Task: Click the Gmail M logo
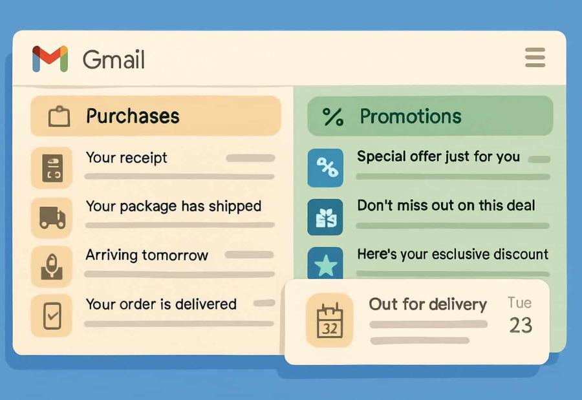(x=50, y=59)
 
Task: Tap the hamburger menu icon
(x=535, y=58)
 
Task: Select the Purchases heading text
(x=133, y=116)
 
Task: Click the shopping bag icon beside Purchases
(x=59, y=117)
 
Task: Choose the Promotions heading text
(x=411, y=116)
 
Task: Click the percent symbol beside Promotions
(x=333, y=117)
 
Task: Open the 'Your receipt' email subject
(x=126, y=158)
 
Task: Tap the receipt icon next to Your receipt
(x=52, y=167)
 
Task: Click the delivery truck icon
(x=52, y=216)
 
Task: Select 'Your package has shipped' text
(x=173, y=206)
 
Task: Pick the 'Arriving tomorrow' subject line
(x=147, y=255)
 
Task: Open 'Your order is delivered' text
(x=161, y=304)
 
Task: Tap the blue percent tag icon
(x=325, y=168)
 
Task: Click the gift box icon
(x=325, y=217)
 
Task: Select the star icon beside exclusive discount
(x=325, y=265)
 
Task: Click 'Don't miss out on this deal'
(x=446, y=205)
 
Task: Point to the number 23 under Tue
(x=520, y=325)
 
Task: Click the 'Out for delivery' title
(x=427, y=304)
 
